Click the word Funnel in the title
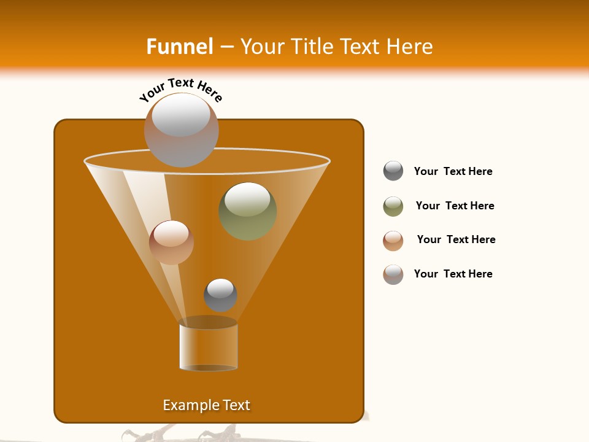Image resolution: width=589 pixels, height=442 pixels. [x=180, y=47]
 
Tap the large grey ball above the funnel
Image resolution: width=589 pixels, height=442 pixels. [x=182, y=130]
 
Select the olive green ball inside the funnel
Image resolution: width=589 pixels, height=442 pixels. [x=248, y=211]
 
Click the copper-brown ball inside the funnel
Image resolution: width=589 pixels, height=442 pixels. [x=171, y=242]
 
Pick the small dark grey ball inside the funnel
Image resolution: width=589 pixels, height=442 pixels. [x=220, y=295]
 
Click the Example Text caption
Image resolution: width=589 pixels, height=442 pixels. [x=206, y=405]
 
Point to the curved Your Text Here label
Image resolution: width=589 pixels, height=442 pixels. [x=180, y=89]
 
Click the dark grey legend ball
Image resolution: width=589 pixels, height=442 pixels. [x=393, y=171]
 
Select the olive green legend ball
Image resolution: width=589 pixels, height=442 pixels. [x=393, y=206]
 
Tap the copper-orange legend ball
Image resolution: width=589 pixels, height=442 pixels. [x=393, y=241]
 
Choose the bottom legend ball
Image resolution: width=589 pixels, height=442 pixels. [x=393, y=274]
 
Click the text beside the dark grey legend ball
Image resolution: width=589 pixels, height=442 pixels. [x=453, y=171]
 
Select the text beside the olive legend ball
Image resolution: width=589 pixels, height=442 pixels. [x=455, y=206]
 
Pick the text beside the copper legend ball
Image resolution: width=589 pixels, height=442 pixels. [x=456, y=239]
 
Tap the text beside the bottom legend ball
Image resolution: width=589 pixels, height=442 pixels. [x=453, y=274]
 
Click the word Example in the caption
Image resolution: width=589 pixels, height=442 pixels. [x=189, y=405]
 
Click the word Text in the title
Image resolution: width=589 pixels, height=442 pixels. [x=360, y=47]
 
